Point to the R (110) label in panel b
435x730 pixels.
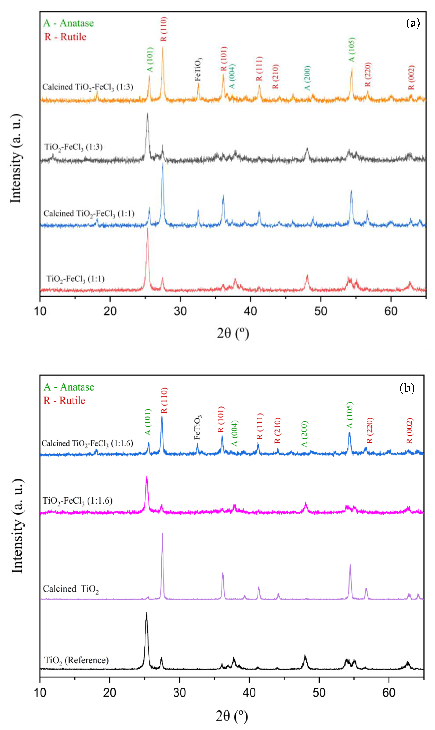pyautogui.click(x=164, y=400)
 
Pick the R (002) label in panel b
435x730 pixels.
pyautogui.click(x=410, y=431)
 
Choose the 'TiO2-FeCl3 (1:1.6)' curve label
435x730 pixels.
pyautogui.click(x=77, y=501)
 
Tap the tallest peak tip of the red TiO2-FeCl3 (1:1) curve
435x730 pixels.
pyautogui.click(x=147, y=229)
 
